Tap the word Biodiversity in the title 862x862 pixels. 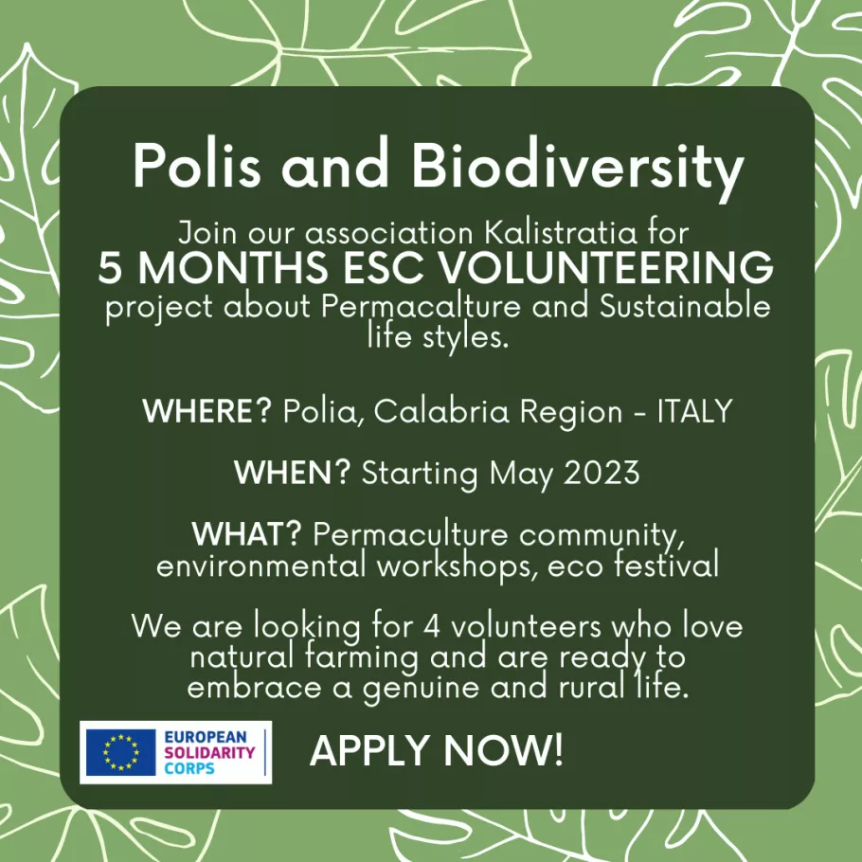tap(578, 169)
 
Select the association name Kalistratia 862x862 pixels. tap(560, 232)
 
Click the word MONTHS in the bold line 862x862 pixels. tap(232, 267)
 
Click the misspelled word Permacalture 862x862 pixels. tap(421, 307)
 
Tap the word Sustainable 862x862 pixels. tap(685, 306)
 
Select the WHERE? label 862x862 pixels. tap(207, 410)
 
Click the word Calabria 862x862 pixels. tap(441, 410)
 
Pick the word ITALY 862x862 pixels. tap(695, 410)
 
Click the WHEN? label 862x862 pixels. tap(292, 472)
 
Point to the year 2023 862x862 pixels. tap(602, 472)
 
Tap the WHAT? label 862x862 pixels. tap(247, 533)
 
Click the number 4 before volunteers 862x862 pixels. tap(432, 626)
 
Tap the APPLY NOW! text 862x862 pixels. tap(437, 750)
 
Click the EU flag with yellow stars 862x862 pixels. tap(121, 752)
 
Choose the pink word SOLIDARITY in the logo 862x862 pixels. tap(209, 752)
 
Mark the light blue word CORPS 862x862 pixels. tap(189, 768)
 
